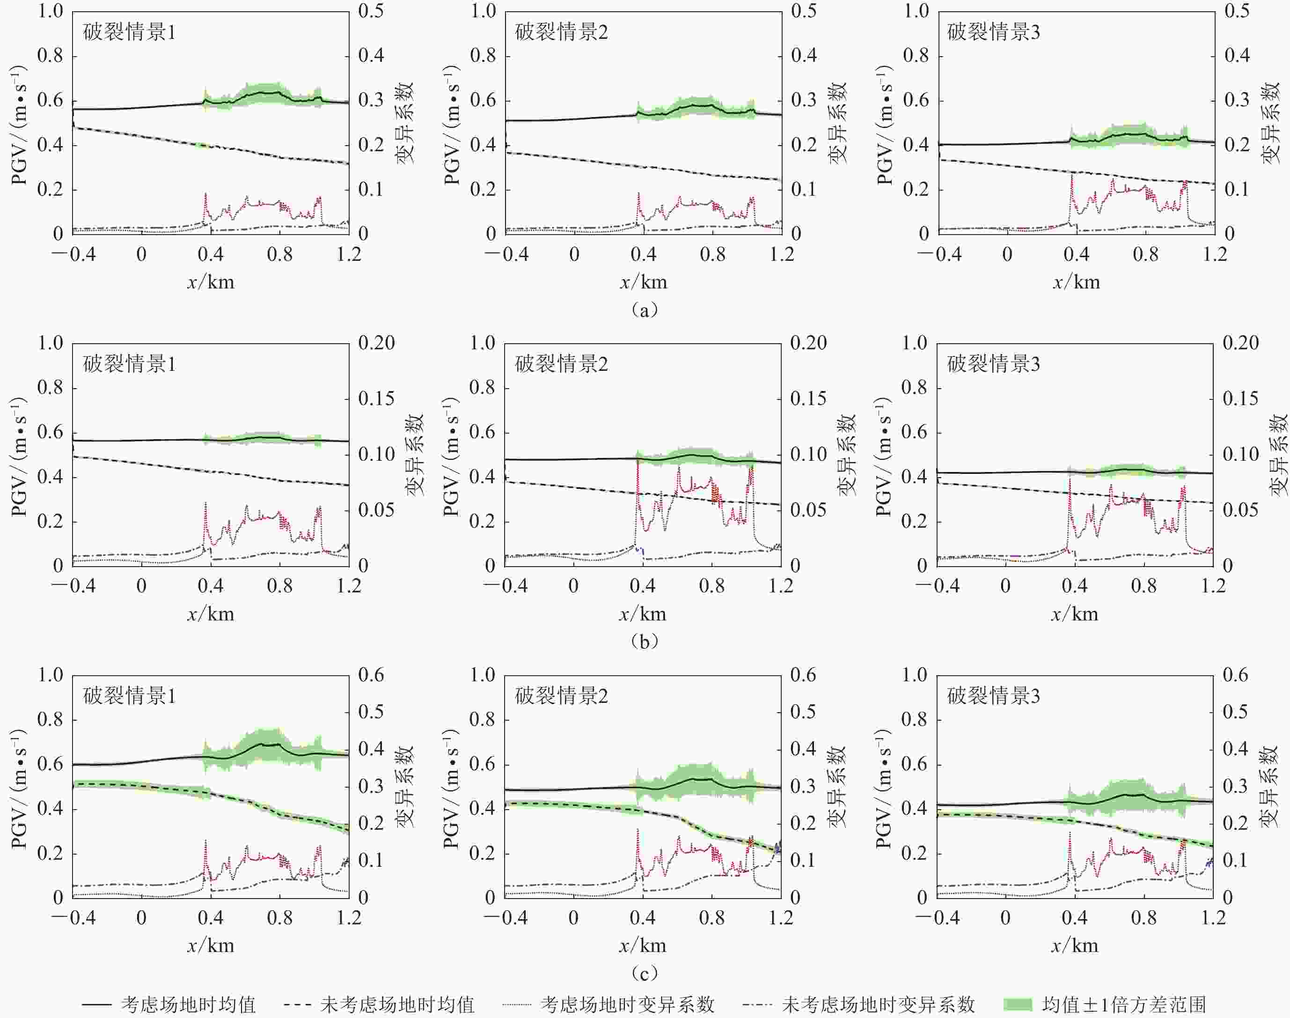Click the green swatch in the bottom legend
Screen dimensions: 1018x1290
click(1018, 1004)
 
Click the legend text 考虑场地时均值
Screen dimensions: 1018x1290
click(188, 1005)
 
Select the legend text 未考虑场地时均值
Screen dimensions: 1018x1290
click(397, 1005)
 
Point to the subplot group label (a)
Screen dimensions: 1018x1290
click(644, 310)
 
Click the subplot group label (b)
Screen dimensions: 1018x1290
click(644, 642)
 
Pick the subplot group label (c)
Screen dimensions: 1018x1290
click(644, 974)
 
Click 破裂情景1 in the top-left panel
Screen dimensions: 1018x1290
click(129, 32)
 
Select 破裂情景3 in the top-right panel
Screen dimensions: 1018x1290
click(993, 32)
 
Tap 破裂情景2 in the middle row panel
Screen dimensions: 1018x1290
click(561, 364)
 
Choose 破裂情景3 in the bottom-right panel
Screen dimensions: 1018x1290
click(993, 696)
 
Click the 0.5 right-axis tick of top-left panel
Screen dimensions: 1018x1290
click(371, 11)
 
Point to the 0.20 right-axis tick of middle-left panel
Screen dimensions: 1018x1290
click(376, 343)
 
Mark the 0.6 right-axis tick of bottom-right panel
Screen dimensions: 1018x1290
click(1235, 675)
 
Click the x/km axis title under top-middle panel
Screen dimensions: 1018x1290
click(644, 282)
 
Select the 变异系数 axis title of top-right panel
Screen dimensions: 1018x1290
click(1270, 123)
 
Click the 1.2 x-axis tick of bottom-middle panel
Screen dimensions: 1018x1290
click(781, 918)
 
